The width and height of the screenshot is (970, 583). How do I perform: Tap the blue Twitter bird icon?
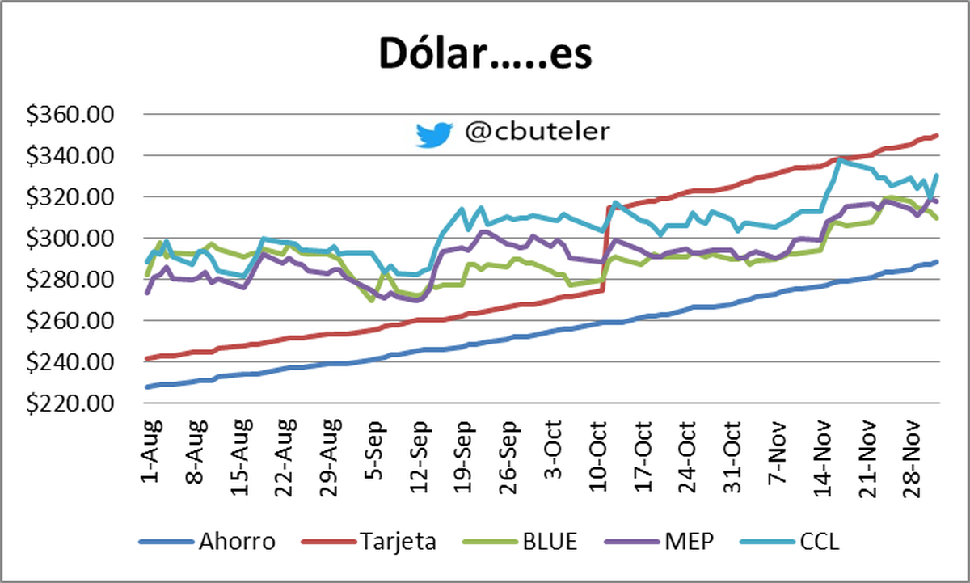coord(434,134)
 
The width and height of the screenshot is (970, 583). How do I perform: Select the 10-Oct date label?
coord(598,449)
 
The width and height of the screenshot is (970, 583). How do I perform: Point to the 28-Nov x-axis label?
coord(914,449)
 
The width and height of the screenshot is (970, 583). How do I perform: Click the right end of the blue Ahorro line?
coord(936,262)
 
